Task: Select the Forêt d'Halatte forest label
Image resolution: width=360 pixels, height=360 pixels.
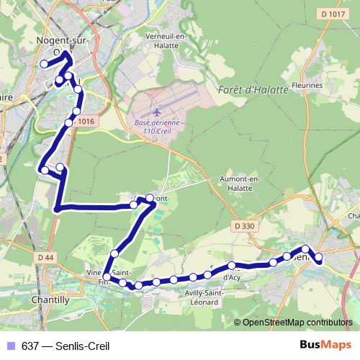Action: (252, 89)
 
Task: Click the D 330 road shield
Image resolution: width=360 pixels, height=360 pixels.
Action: (245, 227)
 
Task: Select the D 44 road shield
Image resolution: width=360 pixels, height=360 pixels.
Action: (45, 257)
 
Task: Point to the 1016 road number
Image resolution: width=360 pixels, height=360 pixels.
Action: (86, 122)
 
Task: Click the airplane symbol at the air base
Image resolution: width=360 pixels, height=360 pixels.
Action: (157, 113)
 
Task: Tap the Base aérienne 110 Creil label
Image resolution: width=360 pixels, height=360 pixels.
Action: (156, 127)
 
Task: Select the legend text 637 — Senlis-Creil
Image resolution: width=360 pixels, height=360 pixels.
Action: (66, 346)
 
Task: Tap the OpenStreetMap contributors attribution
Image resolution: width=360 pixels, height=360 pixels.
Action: (297, 322)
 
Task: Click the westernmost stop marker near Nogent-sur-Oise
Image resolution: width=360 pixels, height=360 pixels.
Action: (44, 64)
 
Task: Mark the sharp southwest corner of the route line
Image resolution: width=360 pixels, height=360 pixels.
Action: (56, 210)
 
